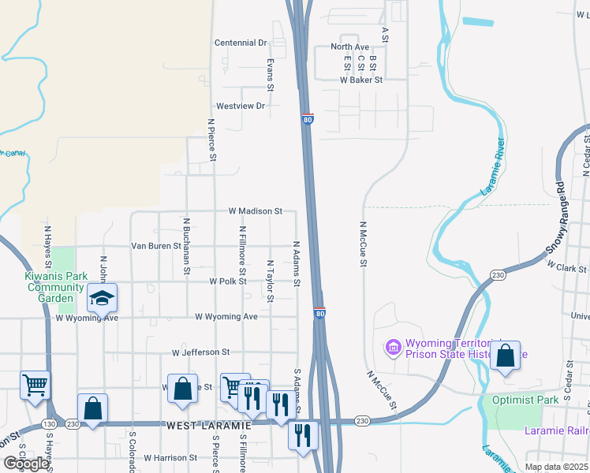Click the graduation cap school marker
pos(102,298)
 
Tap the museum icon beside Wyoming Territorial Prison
pos(392,346)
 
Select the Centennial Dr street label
pos(241,43)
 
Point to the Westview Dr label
pos(241,106)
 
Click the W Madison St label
pos(255,211)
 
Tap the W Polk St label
pos(228,281)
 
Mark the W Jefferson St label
pos(200,352)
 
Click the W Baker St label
pos(361,80)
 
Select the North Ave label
pos(349,47)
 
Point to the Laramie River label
pos(493,169)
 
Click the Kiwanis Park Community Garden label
pos(55,287)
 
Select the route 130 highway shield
pos(49,424)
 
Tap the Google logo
pos(26,464)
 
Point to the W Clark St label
pos(566,269)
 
